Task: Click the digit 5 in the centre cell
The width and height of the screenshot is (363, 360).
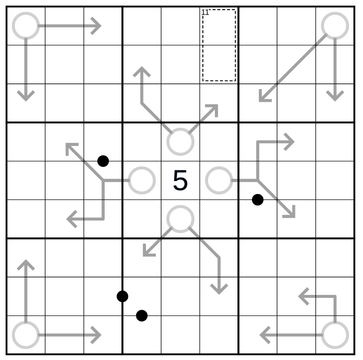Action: [180, 180]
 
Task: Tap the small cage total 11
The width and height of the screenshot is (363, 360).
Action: [205, 12]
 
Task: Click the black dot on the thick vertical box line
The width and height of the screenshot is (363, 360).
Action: [123, 296]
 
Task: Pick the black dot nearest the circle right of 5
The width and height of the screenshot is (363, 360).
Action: [257, 200]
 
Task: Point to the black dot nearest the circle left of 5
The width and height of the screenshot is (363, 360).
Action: [103, 161]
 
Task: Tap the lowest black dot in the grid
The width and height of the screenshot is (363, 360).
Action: [142, 316]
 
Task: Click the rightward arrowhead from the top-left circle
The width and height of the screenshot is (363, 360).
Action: [97, 26]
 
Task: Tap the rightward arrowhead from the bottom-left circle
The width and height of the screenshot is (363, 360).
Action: [97, 335]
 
